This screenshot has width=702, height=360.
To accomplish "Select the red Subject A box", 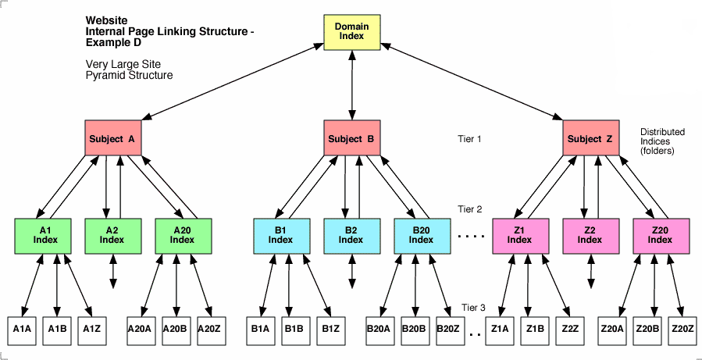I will coord(112,139).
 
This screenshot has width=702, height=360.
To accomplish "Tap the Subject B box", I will coord(351,139).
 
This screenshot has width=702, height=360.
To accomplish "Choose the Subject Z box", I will coord(590,139).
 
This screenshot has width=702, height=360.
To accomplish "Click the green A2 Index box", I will coord(112,235).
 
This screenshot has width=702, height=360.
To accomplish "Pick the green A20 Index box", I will coord(183,235).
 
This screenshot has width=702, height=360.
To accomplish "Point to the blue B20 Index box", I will coord(421,235).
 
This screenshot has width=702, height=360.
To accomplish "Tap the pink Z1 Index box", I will coord(519,235).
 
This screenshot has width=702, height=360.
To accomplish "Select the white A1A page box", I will coord(23,330).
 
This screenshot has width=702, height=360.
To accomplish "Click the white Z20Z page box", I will coord(682,330).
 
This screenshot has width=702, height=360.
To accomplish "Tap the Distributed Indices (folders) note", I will coord(657,141).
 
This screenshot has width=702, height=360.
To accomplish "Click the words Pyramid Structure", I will coord(129,76).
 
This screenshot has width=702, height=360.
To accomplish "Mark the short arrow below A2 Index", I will coord(114,271).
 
